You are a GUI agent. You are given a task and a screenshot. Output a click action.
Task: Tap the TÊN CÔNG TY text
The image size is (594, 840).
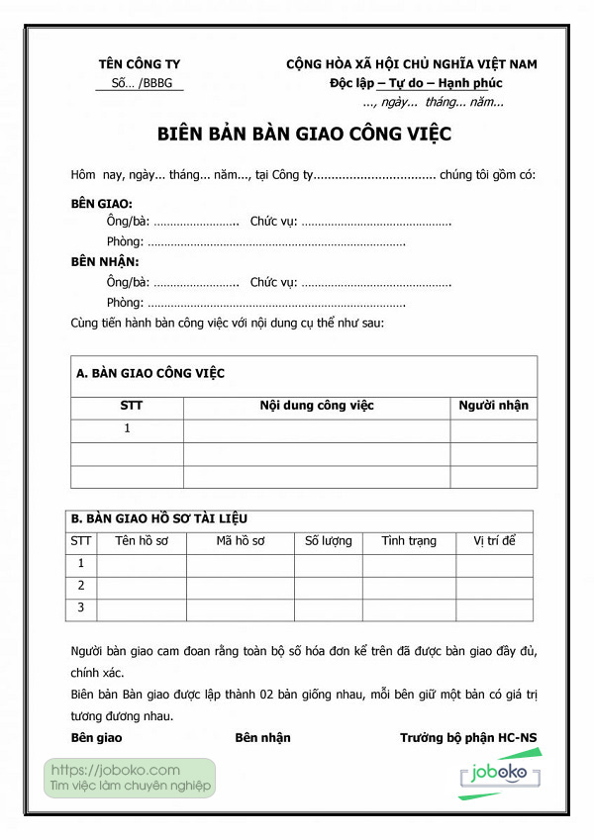coord(140,64)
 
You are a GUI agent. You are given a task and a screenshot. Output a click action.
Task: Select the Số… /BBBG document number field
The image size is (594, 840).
coord(140,83)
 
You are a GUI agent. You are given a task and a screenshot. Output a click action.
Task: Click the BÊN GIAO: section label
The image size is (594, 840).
coord(103,203)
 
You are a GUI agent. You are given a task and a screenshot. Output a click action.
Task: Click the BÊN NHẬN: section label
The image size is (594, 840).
coord(105,262)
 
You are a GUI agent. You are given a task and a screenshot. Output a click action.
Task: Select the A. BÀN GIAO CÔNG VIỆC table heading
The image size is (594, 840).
coord(150,373)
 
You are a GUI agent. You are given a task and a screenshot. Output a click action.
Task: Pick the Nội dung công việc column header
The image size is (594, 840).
coord(317,406)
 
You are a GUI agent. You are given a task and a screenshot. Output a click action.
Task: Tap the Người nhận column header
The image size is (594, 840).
coord(493,406)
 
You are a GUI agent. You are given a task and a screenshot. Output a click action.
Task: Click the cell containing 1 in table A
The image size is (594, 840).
coord(127,429)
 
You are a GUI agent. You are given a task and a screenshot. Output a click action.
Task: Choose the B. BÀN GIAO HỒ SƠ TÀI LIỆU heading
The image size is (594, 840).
coord(158,518)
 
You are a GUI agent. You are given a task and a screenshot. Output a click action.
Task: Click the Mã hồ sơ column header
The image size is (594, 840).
coord(241,541)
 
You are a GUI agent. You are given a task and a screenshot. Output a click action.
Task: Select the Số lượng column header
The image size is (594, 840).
coord(328,541)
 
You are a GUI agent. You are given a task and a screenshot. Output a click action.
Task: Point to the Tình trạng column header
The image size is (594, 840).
coord(409,541)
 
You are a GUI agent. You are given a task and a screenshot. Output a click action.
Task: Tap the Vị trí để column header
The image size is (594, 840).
coord(494,541)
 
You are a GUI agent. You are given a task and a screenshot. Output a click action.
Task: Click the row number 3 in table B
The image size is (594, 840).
coord(81,607)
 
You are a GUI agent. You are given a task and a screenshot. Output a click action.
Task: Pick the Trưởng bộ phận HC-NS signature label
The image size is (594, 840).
coord(467,738)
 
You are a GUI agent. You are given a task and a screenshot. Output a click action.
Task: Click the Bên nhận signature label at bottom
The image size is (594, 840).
coord(262,738)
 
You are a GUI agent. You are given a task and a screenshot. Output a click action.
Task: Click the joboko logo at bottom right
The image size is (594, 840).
coord(500,774)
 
